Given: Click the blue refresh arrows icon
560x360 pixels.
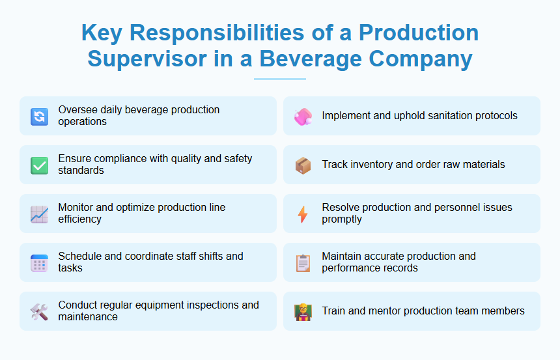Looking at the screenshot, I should point(39,117).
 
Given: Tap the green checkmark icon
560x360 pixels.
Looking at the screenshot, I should point(39,165).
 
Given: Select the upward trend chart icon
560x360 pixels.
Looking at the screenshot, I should point(39,214).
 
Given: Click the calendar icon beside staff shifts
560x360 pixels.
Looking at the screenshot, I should point(39,263).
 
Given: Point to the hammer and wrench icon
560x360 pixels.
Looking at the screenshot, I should point(39,312).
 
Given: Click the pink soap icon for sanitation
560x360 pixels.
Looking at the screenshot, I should point(303,117).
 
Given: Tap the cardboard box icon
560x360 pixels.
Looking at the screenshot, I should point(303,165).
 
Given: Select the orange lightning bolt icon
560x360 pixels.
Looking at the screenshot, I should point(303,214).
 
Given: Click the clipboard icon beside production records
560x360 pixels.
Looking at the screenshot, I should point(303,263).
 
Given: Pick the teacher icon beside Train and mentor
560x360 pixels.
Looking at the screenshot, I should point(303,312).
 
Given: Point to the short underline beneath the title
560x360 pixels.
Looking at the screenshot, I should point(280,79).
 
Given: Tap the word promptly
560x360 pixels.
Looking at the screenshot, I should point(343,219).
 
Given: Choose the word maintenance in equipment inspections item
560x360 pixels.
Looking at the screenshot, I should point(88,317).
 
